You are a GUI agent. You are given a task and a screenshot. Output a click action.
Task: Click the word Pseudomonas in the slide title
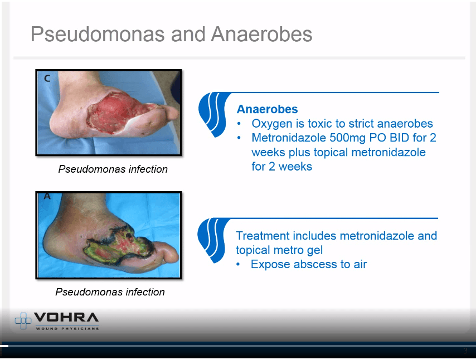[x=98, y=34]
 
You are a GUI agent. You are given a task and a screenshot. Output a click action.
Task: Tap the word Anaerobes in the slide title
[x=261, y=34]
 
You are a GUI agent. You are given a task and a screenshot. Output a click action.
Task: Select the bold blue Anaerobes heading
[x=267, y=109]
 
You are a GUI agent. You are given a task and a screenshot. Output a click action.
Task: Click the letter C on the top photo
[x=47, y=79]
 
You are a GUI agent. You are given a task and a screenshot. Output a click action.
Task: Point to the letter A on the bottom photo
[x=47, y=196]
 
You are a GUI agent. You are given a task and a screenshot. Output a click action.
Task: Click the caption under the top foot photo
[x=113, y=169]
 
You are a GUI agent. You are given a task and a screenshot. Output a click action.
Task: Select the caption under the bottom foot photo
[x=110, y=292]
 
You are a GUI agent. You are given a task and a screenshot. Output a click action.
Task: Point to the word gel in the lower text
[x=314, y=251]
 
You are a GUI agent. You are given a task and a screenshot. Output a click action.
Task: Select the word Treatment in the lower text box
[x=263, y=236]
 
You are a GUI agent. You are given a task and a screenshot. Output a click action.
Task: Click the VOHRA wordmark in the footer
[x=66, y=317]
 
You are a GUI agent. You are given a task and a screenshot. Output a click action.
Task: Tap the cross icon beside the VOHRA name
[x=23, y=320]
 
